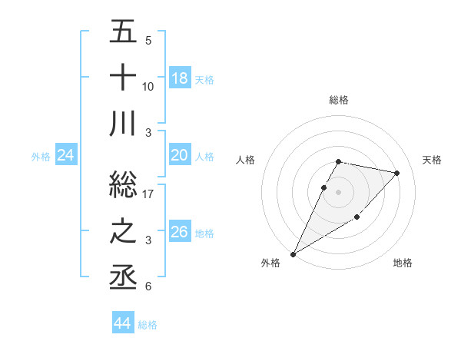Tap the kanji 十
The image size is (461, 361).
tap(123, 78)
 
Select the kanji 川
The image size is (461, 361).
tap(123, 123)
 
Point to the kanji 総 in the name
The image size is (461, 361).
tap(123, 185)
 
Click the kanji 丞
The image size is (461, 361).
tap(123, 277)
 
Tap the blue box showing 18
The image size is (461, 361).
tap(180, 78)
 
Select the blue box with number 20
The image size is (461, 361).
tap(180, 156)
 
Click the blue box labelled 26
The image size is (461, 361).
tap(180, 232)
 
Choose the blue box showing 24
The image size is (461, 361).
tap(66, 156)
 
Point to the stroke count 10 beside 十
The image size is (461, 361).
tap(148, 86)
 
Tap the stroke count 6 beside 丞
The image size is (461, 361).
tap(148, 286)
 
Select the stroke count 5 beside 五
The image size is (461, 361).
tap(148, 40)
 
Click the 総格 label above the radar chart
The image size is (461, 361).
tap(338, 100)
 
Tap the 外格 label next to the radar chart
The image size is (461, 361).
tap(270, 263)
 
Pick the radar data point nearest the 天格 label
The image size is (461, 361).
tap(396, 173)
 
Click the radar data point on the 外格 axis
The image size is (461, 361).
tap(293, 253)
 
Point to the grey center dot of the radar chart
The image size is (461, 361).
tap(338, 191)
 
